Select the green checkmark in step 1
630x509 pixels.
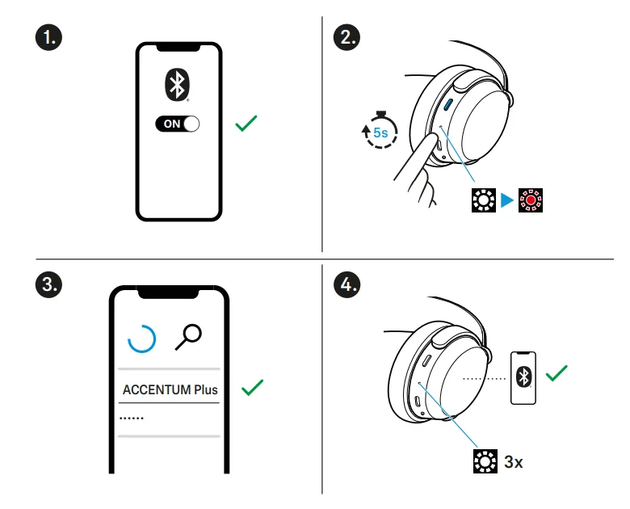click(x=246, y=124)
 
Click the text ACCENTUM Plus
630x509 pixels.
click(x=170, y=389)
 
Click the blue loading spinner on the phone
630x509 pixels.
click(x=143, y=340)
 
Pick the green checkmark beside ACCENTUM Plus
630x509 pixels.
click(x=253, y=388)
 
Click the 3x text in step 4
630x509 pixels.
click(x=514, y=463)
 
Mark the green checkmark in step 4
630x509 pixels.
click(x=556, y=374)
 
